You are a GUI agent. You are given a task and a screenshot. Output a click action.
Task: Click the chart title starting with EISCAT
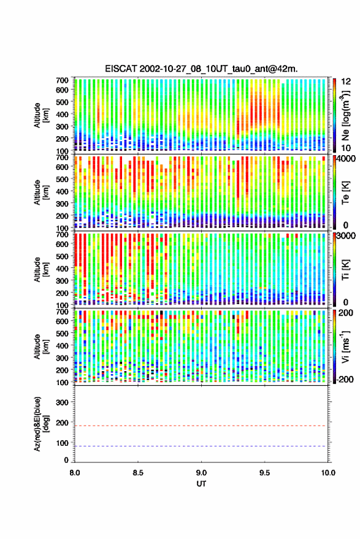pyautogui.click(x=201, y=69)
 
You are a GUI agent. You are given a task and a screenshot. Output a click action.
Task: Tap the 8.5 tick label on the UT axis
pyautogui.click(x=138, y=473)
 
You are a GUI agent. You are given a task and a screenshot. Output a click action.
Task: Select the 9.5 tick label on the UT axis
pyautogui.click(x=264, y=473)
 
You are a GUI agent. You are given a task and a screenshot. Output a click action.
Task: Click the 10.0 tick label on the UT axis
pyautogui.click(x=328, y=473)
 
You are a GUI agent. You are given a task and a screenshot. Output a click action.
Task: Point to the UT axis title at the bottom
pyautogui.click(x=201, y=484)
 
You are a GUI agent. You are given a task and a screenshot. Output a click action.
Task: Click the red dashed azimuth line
pyautogui.click(x=201, y=426)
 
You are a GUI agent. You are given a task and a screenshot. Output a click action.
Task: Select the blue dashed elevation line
pyautogui.click(x=201, y=446)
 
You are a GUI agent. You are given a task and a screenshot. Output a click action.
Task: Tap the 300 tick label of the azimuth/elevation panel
pyautogui.click(x=62, y=402)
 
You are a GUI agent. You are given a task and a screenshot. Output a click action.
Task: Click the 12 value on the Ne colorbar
pyautogui.click(x=347, y=82)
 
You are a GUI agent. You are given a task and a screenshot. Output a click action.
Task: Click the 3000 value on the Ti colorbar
pyautogui.click(x=347, y=236)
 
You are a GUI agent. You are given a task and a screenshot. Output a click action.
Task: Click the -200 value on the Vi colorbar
pyautogui.click(x=345, y=380)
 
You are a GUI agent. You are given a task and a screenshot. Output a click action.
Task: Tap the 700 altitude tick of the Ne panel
pyautogui.click(x=62, y=80)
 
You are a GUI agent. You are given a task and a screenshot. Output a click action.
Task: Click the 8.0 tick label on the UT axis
pyautogui.click(x=75, y=473)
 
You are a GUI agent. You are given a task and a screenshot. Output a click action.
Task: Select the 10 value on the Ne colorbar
pyautogui.click(x=347, y=148)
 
